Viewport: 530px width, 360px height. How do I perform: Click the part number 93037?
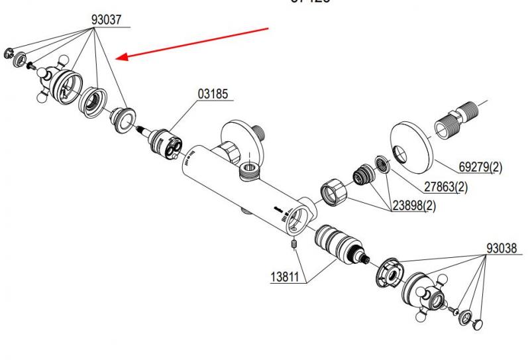[x=106, y=20]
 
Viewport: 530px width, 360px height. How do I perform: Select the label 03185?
[x=213, y=94]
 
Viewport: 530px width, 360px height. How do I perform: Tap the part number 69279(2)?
[x=480, y=167]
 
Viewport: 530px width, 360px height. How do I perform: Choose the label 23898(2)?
[x=415, y=206]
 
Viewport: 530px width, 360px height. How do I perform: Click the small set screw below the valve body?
[x=293, y=250]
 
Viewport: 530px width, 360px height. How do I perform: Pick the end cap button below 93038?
[x=479, y=322]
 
